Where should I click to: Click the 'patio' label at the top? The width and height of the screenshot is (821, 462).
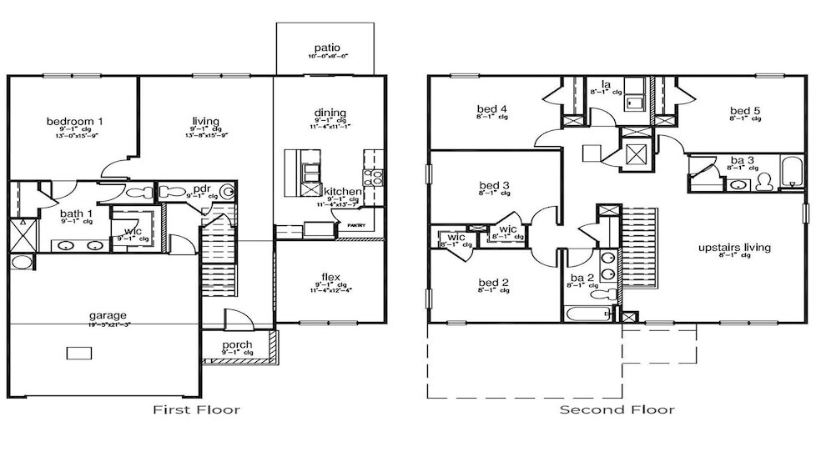pos(326,48)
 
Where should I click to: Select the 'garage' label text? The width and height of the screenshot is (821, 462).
pos(108,315)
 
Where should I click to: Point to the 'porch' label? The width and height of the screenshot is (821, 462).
pos(238,345)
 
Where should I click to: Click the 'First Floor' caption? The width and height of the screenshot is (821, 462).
pos(197,409)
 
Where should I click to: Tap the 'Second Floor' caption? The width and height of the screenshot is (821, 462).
pos(617,409)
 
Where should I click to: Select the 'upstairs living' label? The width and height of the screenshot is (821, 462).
pos(734,248)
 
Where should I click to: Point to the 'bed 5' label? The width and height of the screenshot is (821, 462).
pos(744,111)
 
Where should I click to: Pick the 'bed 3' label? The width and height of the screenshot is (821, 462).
pos(494,185)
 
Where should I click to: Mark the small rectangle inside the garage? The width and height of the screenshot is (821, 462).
pos(79,353)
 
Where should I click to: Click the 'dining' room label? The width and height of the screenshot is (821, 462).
pos(330,113)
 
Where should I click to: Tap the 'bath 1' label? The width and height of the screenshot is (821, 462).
pos(76,213)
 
